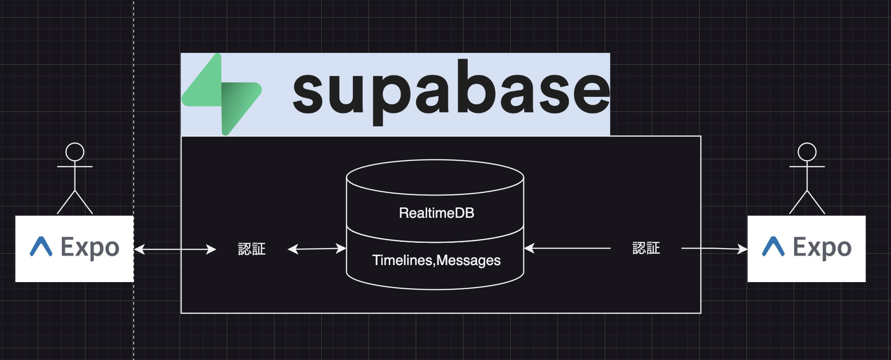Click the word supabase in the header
coord(451,92)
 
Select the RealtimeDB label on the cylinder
coord(437,213)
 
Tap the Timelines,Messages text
coord(436,260)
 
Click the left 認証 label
coord(252,249)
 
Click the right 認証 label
coord(646,248)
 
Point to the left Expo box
coord(74,249)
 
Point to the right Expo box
coord(806,249)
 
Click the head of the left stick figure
coord(75,152)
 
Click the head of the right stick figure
coord(807,152)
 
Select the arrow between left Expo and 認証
coord(175,249)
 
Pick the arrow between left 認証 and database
coord(317,249)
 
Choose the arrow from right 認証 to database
coord(567,248)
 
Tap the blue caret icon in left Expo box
coord(41,247)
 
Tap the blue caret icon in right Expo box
coord(773,247)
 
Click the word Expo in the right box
coord(822,248)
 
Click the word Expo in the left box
coord(90,248)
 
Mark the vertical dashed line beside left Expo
coord(134,321)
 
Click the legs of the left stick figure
coord(75,202)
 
